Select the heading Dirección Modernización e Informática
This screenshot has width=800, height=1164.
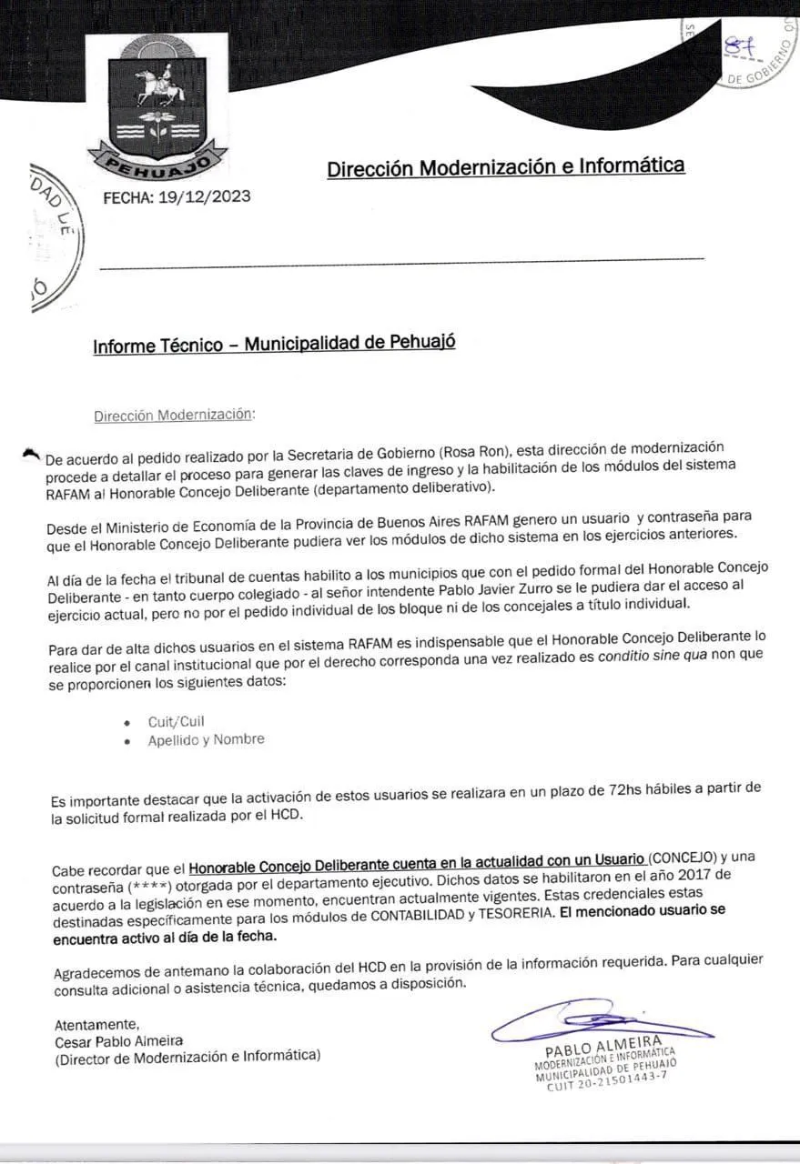coord(505,166)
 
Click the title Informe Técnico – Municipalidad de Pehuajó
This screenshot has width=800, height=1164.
coord(274,344)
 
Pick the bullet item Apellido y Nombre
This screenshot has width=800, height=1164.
coord(207,739)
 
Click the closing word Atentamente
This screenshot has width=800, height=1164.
coord(97,1024)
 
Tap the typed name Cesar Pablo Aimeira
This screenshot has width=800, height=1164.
coord(119,1040)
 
